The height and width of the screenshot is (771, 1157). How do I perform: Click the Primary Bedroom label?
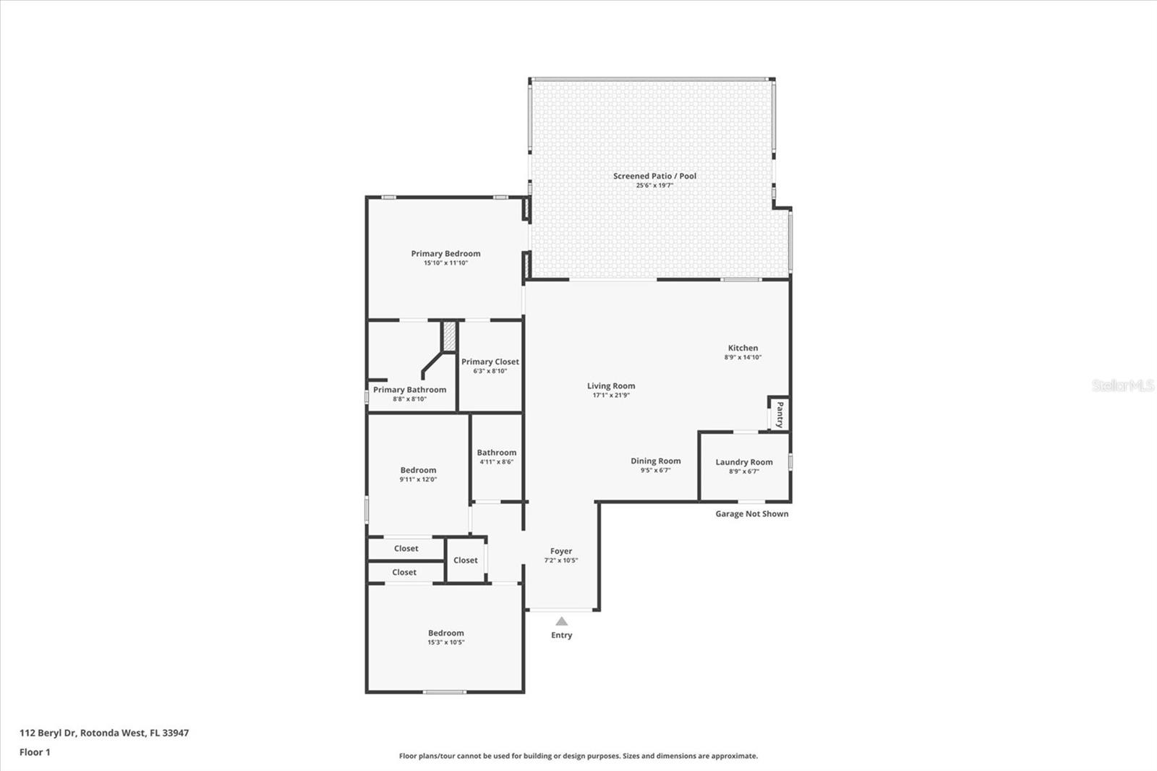coord(445,253)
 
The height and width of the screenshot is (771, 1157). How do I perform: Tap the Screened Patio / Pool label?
coord(654,176)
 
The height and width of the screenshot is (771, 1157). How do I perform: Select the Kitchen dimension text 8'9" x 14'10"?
coord(743,357)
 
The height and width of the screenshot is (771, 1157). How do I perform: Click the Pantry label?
coord(780,415)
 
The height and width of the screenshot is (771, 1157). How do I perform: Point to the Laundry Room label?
coord(744,462)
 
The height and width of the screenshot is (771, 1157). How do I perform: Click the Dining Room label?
coord(655,461)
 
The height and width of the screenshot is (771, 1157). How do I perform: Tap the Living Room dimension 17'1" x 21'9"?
coord(611,396)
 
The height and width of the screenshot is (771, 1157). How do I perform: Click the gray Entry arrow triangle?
coord(562,621)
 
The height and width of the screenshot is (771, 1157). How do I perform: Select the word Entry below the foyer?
coord(562,635)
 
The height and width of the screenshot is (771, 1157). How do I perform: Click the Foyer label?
coord(561,551)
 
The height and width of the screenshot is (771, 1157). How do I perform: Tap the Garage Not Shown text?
coord(752,514)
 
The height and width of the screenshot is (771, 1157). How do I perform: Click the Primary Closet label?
coord(490,362)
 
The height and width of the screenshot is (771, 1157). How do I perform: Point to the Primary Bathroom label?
coord(410,390)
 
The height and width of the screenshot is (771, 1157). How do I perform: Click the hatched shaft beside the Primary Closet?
coord(449,336)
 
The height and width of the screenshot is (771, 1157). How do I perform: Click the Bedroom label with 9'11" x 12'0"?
coord(418,470)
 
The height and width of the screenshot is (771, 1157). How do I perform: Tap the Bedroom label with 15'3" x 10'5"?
coord(445,633)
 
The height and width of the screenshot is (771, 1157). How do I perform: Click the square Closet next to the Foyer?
coord(466,560)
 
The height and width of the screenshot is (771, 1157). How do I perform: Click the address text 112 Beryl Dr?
coord(104,733)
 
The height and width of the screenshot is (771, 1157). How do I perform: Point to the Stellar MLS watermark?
coord(1122,385)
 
